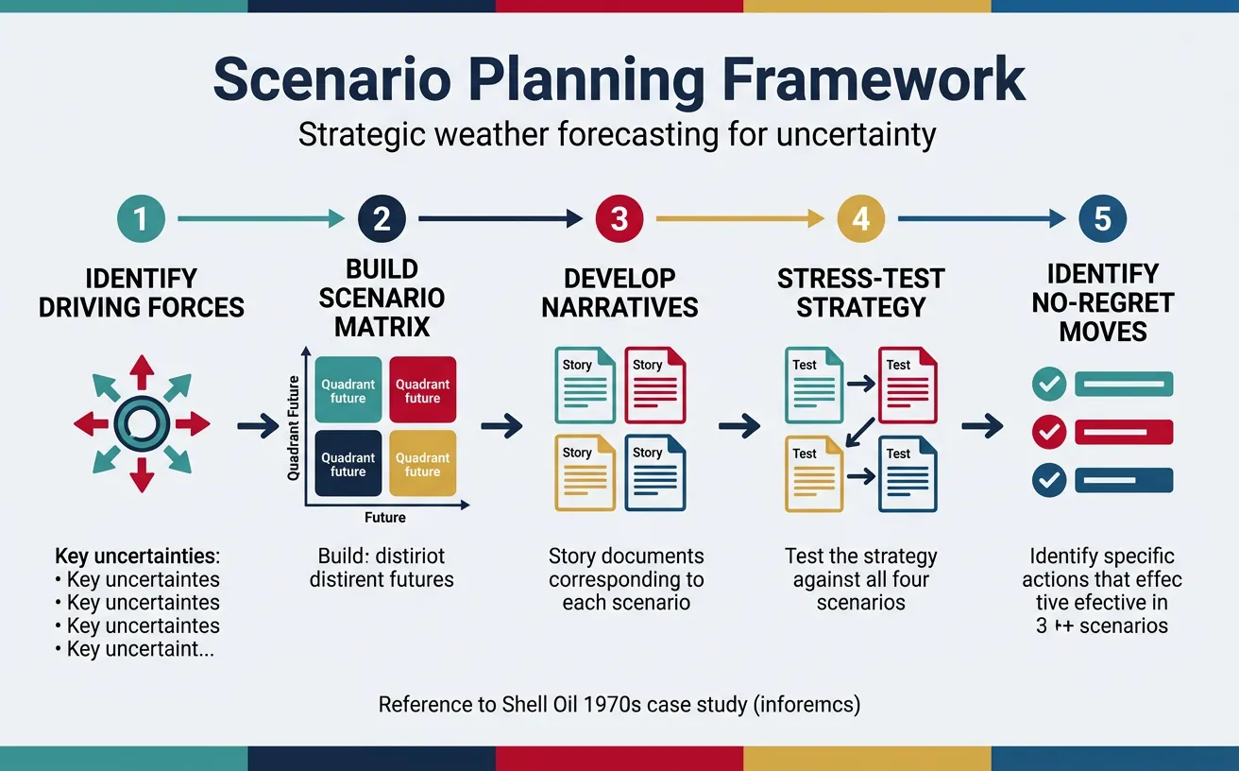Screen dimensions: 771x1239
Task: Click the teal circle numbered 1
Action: coord(141,219)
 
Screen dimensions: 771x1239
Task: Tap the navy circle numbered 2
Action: coord(382,219)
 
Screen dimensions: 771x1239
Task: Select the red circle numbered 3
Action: coord(619,219)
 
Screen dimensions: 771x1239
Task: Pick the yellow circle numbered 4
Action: coord(860,219)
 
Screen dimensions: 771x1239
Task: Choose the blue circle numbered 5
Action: coord(1102,219)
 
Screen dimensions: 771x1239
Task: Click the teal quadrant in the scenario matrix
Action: coord(348,390)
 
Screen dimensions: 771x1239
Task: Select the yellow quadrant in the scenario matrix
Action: coord(422,464)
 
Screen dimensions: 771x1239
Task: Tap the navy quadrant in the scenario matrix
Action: coord(348,464)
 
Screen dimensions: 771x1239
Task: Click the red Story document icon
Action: coord(655,385)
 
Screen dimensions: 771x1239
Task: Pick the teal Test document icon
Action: coord(813,385)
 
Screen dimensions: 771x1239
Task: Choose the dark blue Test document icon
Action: coord(907,472)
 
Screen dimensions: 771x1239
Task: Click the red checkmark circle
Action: coord(1048,432)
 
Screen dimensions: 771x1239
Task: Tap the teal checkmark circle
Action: coord(1048,384)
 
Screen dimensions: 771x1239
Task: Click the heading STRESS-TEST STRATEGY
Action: coord(860,293)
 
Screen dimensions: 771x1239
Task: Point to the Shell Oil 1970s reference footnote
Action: coord(619,705)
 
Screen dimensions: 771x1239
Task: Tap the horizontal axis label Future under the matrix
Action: coord(384,517)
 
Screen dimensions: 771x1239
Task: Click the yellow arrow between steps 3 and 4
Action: coord(739,219)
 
